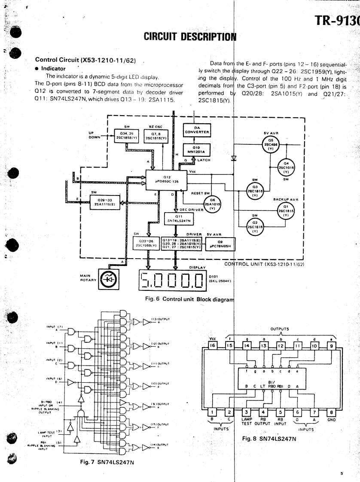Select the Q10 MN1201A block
pos(195,148)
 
